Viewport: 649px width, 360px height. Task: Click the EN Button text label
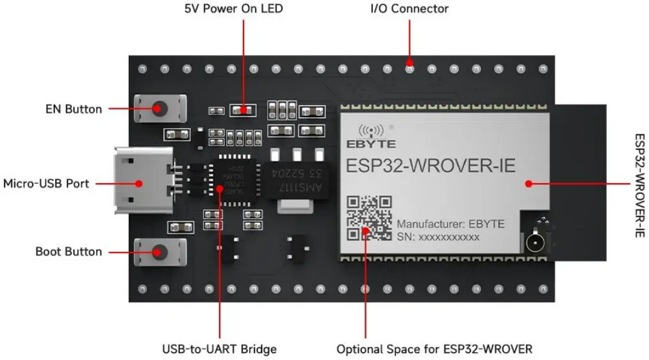(x=73, y=109)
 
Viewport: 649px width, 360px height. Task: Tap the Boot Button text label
(x=69, y=252)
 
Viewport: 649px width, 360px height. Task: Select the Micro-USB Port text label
(x=46, y=183)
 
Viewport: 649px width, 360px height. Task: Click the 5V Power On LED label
(x=242, y=9)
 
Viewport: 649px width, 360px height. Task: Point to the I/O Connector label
(x=409, y=9)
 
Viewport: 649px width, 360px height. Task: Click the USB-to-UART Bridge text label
(x=219, y=349)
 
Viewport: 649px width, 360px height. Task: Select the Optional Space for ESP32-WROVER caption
(x=434, y=349)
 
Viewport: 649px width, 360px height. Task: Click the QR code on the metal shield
(x=369, y=218)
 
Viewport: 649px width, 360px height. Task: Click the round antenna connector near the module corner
(x=532, y=243)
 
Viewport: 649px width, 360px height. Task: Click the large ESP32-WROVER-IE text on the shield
(x=430, y=165)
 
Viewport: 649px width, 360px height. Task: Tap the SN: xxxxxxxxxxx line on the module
(x=438, y=236)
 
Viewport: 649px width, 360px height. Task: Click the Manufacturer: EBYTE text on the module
(x=450, y=224)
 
